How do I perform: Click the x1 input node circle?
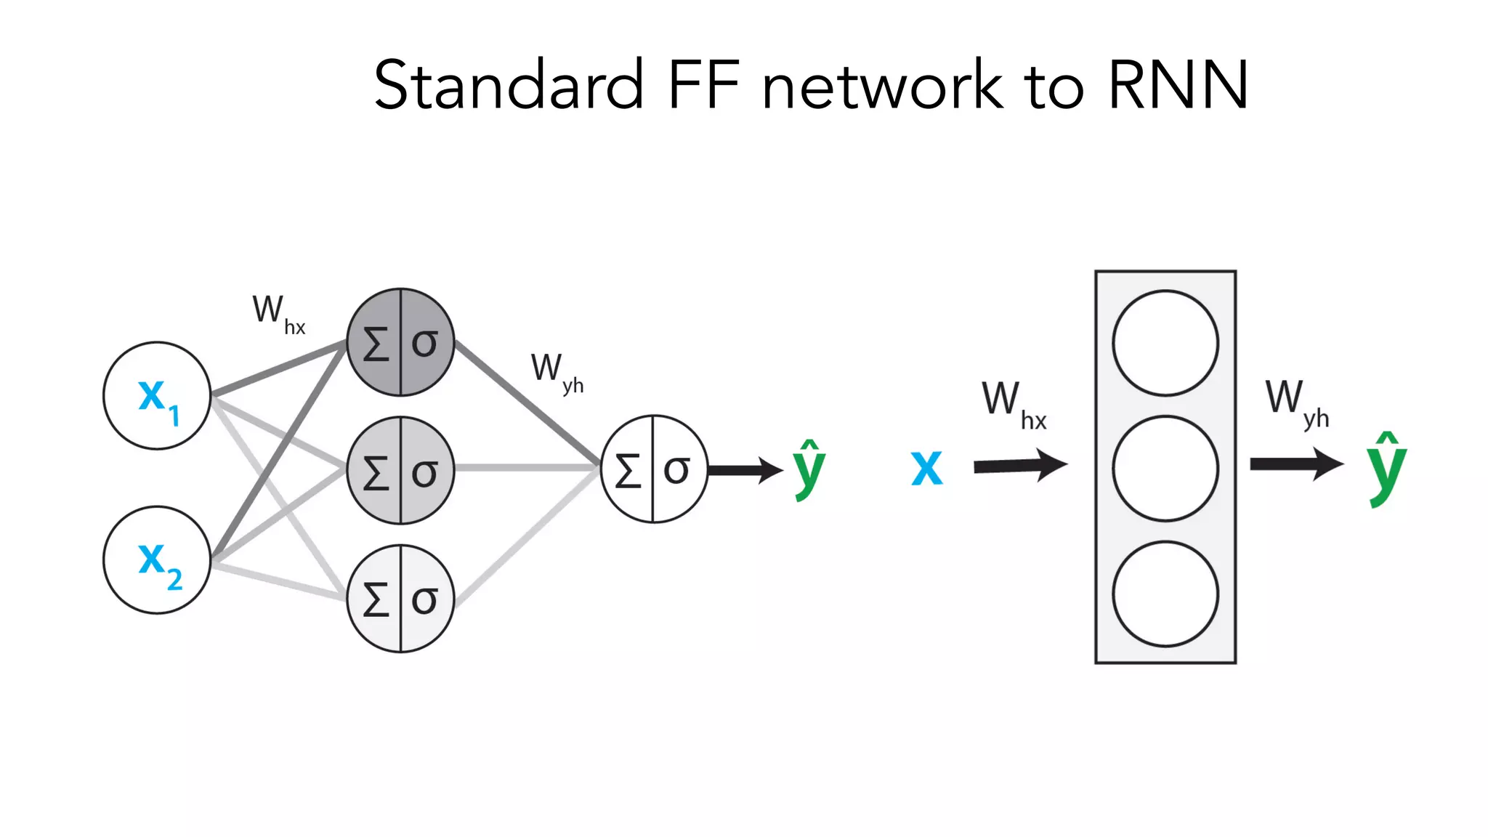pos(157,396)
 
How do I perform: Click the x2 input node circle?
pos(157,560)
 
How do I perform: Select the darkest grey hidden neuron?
pos(400,342)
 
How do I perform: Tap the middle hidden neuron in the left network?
pos(400,471)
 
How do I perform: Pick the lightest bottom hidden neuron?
pos(400,599)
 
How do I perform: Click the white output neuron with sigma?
pos(654,469)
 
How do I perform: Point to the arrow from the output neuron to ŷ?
pos(745,470)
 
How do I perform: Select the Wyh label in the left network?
pos(557,372)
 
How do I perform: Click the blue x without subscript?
pos(926,468)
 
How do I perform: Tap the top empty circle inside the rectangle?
pos(1165,343)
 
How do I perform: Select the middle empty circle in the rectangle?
pos(1165,469)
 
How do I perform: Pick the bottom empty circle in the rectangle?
pos(1165,594)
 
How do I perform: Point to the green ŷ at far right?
pos(1386,470)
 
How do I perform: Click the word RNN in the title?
pos(1177,86)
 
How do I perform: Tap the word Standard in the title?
pos(509,86)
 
